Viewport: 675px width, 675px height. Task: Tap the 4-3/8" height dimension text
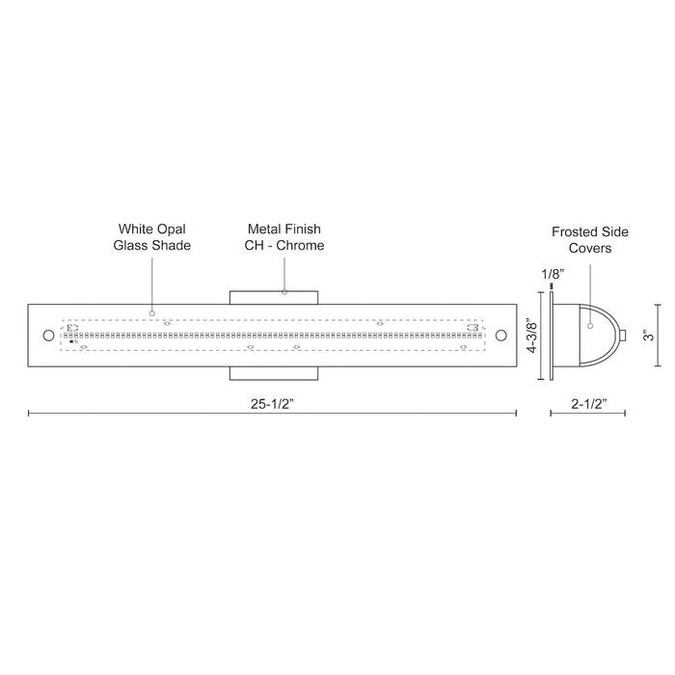(x=531, y=335)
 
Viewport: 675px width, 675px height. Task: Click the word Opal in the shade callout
(x=169, y=229)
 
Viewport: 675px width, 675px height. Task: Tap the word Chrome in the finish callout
(x=304, y=246)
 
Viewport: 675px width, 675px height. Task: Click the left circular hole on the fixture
(x=49, y=336)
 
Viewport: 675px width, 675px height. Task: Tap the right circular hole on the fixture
(x=500, y=336)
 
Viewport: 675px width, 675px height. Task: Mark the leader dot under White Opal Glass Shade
(x=152, y=314)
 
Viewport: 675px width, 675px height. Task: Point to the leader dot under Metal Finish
(x=284, y=290)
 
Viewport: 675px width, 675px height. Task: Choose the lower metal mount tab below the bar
(x=274, y=374)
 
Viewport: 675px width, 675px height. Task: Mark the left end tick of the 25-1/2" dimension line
(x=29, y=413)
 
